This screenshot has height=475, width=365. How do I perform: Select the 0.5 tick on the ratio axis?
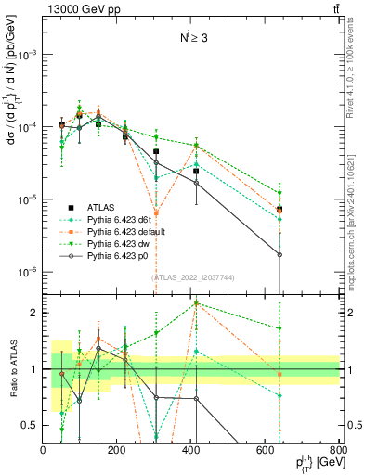(33, 425)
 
